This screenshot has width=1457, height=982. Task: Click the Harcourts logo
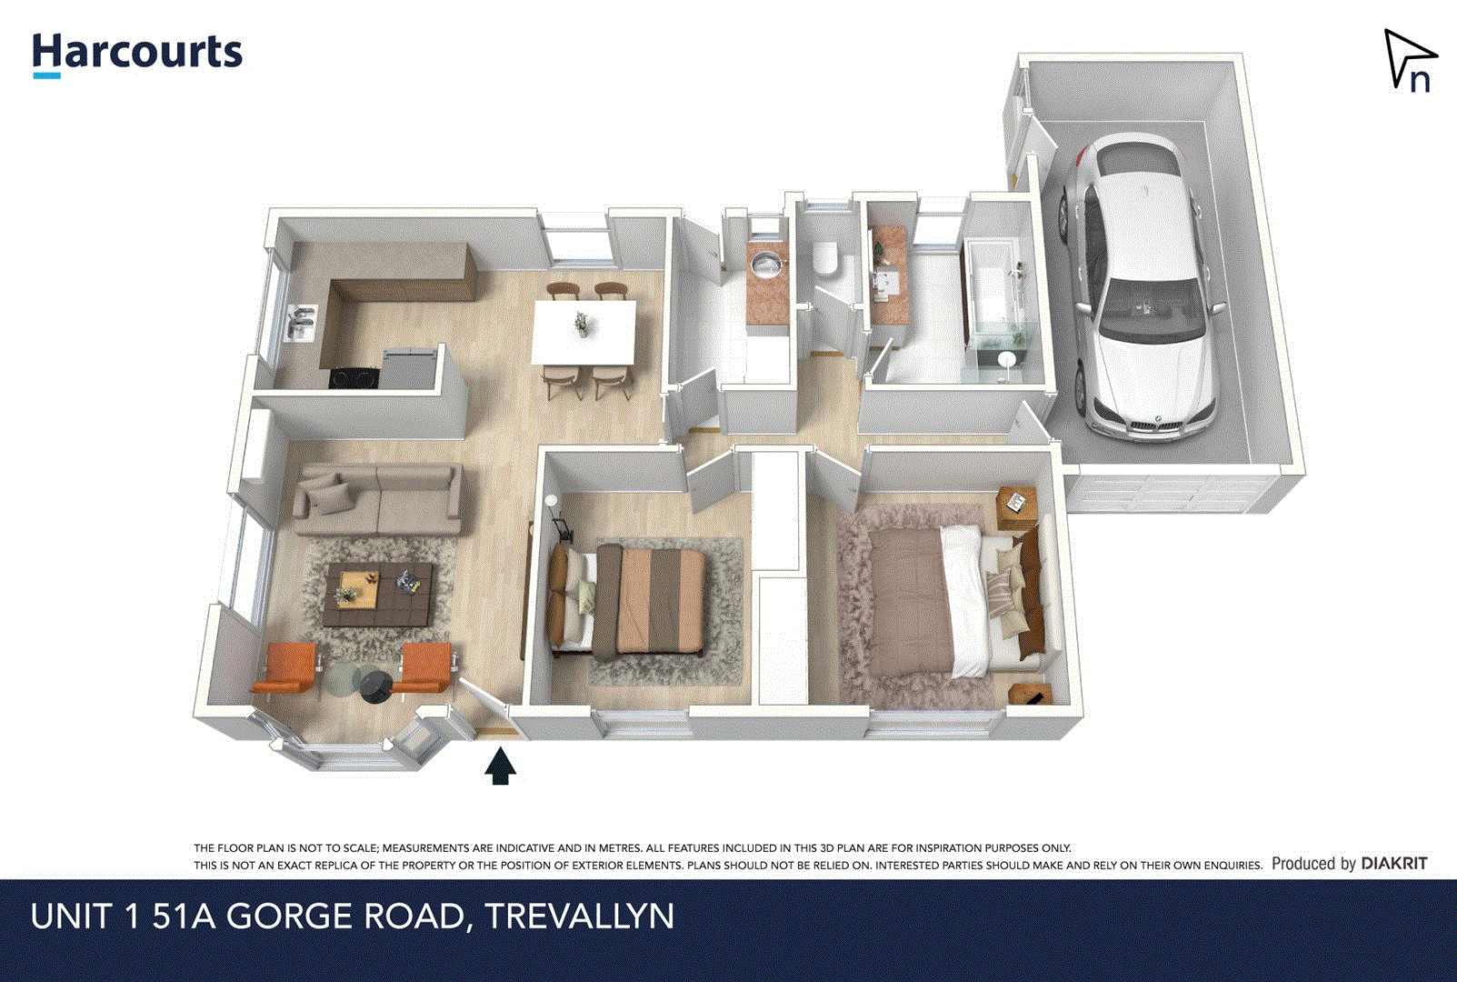point(137,53)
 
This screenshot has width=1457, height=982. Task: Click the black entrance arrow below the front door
point(500,767)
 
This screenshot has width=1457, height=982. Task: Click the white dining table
point(584,332)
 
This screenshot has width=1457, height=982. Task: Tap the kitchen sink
point(302,323)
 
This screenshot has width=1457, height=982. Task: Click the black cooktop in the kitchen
point(354,376)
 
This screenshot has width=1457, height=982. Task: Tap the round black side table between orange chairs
point(376,685)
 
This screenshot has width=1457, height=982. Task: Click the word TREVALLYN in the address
point(580,916)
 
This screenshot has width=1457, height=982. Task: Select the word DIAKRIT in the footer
point(1394,863)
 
